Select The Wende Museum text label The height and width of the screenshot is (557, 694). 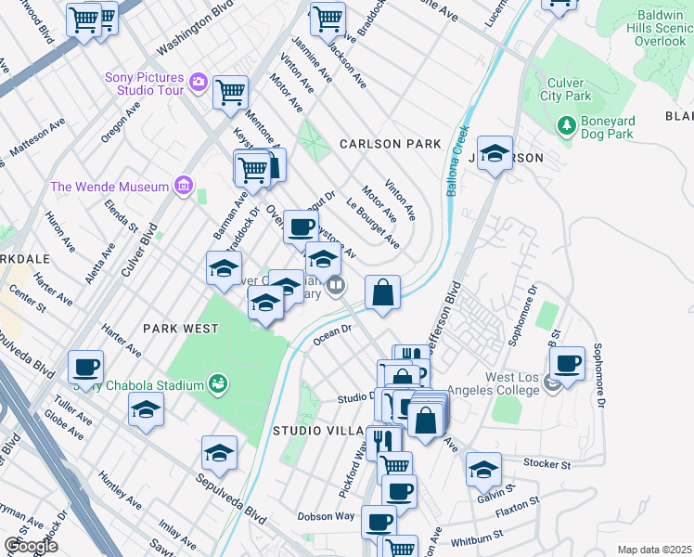(x=109, y=187)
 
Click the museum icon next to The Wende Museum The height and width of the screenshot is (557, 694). (x=183, y=188)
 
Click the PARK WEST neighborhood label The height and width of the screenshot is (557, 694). (x=181, y=329)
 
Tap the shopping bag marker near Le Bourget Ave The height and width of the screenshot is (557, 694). (x=382, y=294)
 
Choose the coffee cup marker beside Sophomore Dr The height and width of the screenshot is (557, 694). (x=566, y=363)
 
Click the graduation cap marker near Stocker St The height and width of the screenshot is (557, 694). (x=483, y=470)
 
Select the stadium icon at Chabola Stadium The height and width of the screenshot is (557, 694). (x=218, y=383)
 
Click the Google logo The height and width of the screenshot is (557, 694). (x=31, y=545)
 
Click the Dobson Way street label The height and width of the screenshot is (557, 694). (x=326, y=516)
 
